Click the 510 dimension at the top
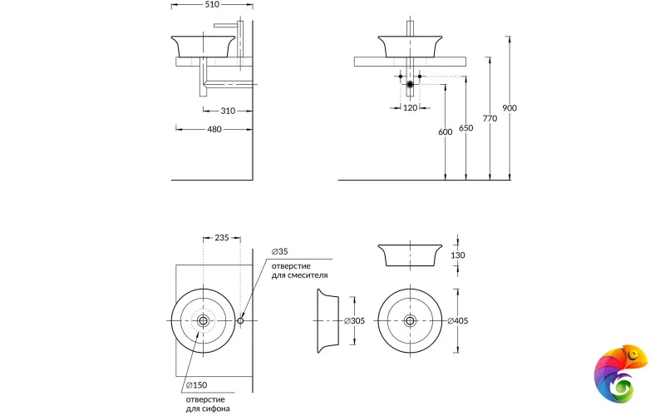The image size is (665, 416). tap(213, 3)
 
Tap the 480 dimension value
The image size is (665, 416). tap(214, 129)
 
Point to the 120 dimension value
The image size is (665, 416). tap(410, 108)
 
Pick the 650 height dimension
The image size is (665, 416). tap(465, 127)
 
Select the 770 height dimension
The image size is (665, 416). tap(490, 118)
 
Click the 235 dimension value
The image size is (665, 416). tap(221, 238)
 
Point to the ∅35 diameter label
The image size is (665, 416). tap(279, 251)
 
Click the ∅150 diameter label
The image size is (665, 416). tap(196, 384)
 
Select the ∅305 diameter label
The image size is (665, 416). tap(355, 321)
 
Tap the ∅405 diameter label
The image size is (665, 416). tap(458, 321)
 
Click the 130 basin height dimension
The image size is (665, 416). tap(458, 255)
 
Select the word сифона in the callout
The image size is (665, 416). tap(215, 408)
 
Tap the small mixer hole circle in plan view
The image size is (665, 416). tap(240, 321)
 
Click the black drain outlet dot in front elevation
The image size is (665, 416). tap(410, 84)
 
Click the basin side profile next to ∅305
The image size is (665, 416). tap(328, 321)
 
